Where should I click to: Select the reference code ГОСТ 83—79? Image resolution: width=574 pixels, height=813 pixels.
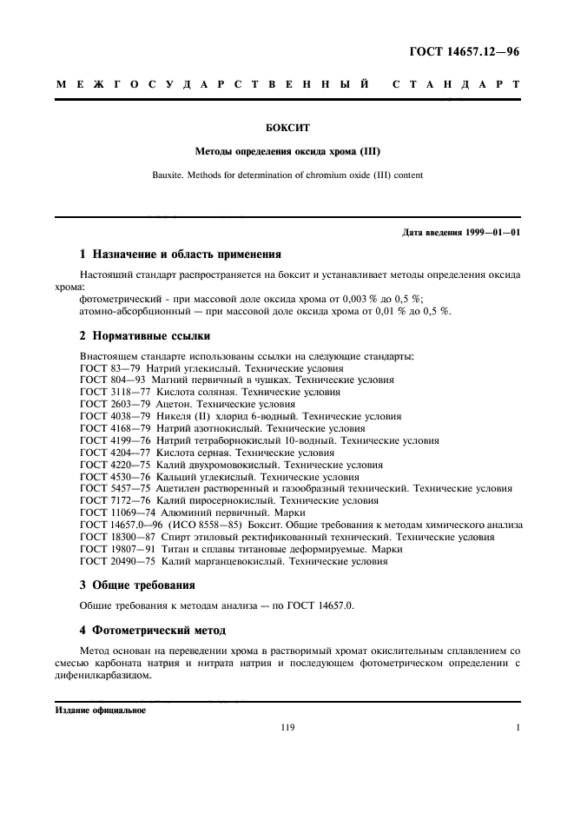107,368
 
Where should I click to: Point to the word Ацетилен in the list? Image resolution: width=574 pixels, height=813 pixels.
178,489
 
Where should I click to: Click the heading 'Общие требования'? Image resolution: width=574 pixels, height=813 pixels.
143,585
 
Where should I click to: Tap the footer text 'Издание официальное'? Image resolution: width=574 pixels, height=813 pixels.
101,710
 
